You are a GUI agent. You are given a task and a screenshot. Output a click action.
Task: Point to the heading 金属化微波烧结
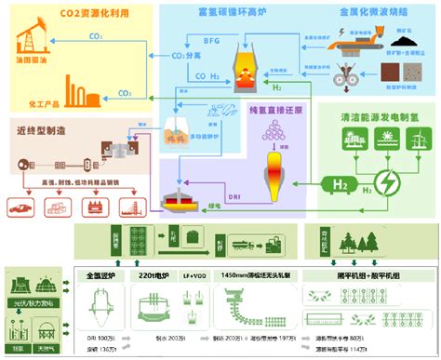click(x=366, y=14)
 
